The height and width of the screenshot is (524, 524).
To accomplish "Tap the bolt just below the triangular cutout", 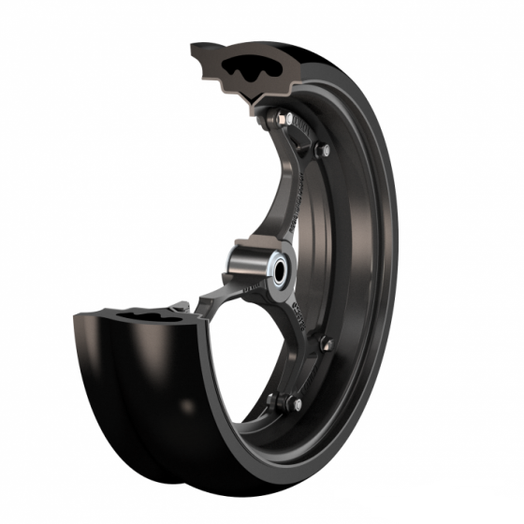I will (322, 150).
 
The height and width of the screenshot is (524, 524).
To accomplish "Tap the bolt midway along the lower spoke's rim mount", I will (325, 344).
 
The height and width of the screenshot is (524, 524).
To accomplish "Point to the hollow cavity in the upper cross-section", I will (255, 70).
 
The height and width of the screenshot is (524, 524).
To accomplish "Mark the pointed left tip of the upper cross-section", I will (193, 47).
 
